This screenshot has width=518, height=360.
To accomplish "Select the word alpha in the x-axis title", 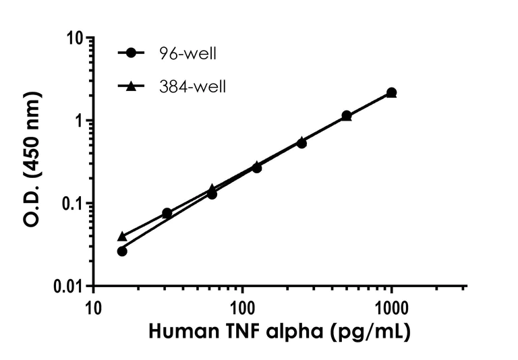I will pyautogui.click(x=304, y=333).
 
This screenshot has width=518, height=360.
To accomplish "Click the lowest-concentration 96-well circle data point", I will pyautogui.click(x=122, y=251).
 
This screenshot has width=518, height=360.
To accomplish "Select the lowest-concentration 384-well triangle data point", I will pyautogui.click(x=122, y=236).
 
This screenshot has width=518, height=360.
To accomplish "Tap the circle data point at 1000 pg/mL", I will pyautogui.click(x=391, y=92).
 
